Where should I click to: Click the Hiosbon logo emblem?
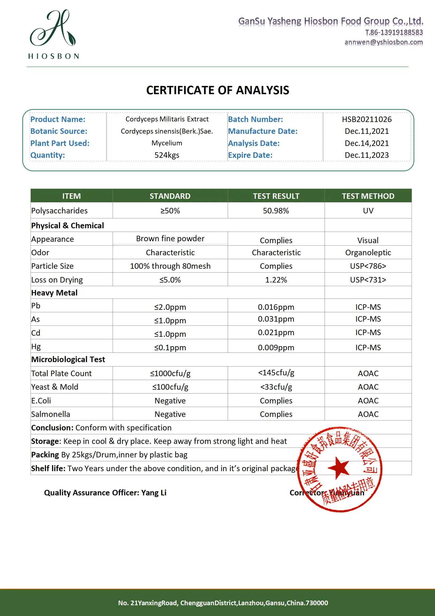point(53,29)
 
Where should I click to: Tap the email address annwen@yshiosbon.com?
point(384,42)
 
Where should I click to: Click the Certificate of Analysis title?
point(218,90)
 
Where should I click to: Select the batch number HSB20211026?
point(367,119)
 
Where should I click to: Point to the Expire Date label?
point(250,155)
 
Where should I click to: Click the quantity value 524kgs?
point(167,155)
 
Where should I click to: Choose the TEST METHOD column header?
point(368,196)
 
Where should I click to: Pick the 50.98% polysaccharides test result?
point(276,211)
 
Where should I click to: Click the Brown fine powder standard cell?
point(170,238)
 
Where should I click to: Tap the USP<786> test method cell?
point(368,266)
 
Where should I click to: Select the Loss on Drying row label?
point(57,280)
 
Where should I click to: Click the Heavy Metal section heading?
point(54,293)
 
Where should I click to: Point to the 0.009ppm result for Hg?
point(276,348)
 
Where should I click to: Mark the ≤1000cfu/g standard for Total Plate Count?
point(170,373)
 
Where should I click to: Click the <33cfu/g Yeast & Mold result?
point(276,387)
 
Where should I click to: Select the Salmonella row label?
point(51,414)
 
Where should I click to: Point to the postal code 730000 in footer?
point(317,603)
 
